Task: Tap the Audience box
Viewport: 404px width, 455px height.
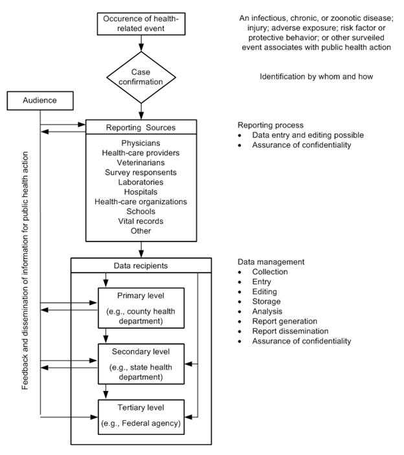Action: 40,101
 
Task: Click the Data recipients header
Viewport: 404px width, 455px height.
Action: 140,265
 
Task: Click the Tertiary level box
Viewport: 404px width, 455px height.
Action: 140,417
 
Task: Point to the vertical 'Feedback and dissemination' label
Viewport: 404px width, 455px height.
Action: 25,271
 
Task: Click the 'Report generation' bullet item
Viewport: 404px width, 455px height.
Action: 286,320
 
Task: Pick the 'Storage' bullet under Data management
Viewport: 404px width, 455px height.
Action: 267,301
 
